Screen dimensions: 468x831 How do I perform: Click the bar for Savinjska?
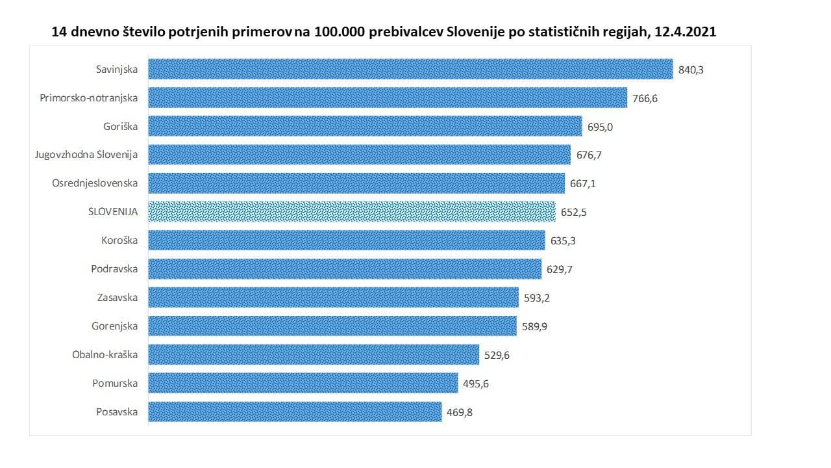tap(410, 69)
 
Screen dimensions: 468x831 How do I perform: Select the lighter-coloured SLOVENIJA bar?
tap(352, 212)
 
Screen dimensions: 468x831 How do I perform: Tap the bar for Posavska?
tap(295, 411)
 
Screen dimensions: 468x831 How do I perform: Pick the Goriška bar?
tap(365, 126)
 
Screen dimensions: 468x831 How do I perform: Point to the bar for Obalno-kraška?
tap(314, 355)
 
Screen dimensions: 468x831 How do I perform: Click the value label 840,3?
tap(691, 70)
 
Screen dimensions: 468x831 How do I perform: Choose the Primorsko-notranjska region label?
tap(88, 97)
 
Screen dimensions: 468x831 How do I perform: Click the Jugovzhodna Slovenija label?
tap(86, 155)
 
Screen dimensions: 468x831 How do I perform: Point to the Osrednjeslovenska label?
tap(95, 183)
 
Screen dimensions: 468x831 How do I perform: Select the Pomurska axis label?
tap(115, 383)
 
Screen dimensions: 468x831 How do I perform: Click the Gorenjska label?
tap(114, 326)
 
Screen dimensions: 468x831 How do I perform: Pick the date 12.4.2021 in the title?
tap(684, 31)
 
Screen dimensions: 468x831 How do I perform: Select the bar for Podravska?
tap(345, 269)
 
